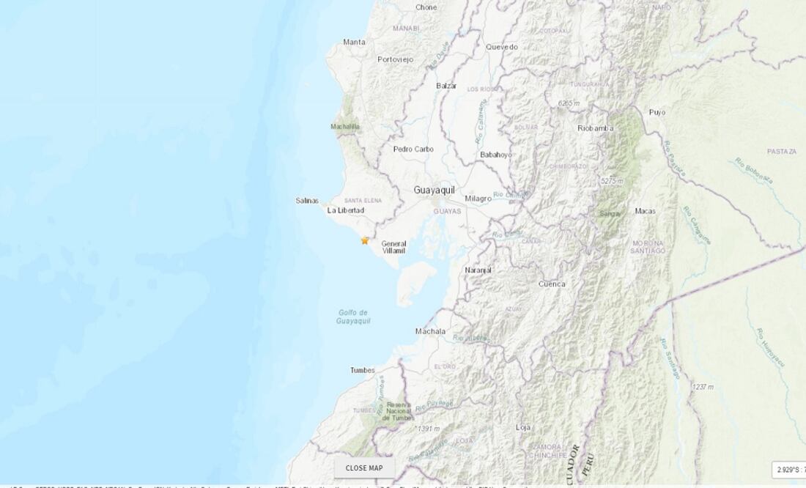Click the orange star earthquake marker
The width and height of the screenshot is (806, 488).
365,240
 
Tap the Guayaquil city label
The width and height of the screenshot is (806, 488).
434,190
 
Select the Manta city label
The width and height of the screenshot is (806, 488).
354,42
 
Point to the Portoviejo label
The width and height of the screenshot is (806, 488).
396,59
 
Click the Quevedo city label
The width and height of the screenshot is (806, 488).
502,47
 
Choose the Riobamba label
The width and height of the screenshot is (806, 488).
595,128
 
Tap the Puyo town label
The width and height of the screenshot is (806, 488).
657,112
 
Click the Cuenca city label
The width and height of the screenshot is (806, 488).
551,284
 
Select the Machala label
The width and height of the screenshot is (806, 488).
430,331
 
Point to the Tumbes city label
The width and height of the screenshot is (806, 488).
363,370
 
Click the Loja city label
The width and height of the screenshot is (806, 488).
523,426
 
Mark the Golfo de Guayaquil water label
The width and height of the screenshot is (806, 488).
353,317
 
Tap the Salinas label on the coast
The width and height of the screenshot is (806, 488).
307,200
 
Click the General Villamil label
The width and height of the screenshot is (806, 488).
393,247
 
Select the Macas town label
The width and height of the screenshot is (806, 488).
645,211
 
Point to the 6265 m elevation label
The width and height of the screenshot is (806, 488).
569,103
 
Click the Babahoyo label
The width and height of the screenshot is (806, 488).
496,155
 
